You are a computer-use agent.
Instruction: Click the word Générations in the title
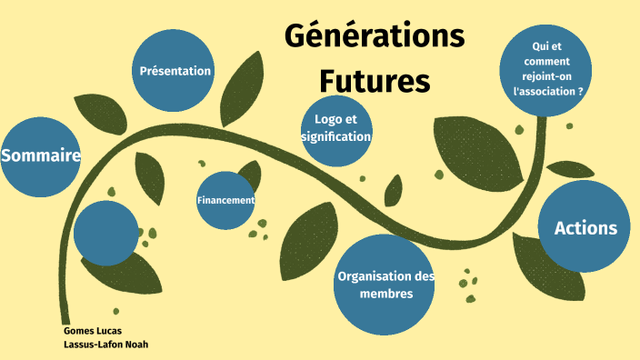(374, 37)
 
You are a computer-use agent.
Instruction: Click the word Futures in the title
(374, 80)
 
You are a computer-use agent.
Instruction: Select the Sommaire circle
(41, 156)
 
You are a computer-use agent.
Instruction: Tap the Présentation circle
(175, 71)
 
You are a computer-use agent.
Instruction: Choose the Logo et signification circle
(336, 129)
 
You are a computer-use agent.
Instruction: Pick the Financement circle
(225, 200)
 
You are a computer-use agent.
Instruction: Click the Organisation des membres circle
(385, 284)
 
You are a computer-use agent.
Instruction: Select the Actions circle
(585, 227)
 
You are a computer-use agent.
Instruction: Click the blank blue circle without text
(105, 234)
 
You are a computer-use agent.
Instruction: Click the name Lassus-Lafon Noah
(105, 345)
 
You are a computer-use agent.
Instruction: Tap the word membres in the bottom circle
(385, 294)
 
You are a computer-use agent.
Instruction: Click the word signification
(336, 137)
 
